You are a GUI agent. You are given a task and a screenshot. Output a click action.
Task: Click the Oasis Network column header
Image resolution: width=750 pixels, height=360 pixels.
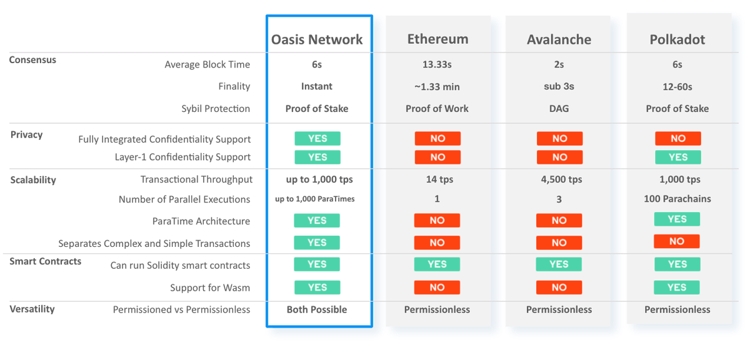point(317,39)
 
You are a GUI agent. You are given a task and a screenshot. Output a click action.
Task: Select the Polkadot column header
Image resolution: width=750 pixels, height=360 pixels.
point(677,39)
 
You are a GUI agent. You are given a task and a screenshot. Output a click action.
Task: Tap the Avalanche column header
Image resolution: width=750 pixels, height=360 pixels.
point(559,39)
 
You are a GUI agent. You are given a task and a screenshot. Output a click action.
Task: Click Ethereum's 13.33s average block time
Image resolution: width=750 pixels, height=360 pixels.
point(437,64)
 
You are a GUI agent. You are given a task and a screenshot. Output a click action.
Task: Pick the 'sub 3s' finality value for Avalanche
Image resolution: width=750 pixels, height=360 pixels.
point(559,86)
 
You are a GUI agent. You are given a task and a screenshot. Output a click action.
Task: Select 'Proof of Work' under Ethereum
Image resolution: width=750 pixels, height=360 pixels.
point(437,109)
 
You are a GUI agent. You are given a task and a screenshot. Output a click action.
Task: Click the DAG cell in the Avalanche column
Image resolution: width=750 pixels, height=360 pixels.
point(559,109)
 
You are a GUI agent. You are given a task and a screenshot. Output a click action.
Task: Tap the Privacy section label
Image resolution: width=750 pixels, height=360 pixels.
point(26,134)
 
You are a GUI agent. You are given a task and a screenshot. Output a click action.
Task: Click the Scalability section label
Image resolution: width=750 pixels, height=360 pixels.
point(33,180)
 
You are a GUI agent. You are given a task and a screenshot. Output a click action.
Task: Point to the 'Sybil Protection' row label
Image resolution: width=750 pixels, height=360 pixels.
point(216,109)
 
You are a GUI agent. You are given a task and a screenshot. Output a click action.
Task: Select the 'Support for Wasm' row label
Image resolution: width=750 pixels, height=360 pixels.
point(210,287)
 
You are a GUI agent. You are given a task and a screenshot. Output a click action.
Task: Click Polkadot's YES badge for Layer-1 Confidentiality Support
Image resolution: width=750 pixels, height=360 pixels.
point(677,157)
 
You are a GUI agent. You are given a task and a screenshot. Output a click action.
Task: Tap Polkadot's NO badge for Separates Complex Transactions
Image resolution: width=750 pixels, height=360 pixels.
point(677,241)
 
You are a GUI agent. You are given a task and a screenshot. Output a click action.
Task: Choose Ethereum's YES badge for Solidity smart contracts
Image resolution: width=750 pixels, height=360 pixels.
point(437,264)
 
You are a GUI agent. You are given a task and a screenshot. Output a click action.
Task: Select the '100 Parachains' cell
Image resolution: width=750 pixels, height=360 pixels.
point(677,199)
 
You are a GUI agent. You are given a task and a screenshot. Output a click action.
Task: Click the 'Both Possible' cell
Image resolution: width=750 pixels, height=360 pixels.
point(317,309)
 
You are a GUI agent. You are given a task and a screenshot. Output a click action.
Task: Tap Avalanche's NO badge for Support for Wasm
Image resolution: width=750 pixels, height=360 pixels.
point(559,287)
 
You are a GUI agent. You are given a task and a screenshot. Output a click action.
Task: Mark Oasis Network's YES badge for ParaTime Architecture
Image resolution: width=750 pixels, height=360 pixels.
point(317,221)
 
